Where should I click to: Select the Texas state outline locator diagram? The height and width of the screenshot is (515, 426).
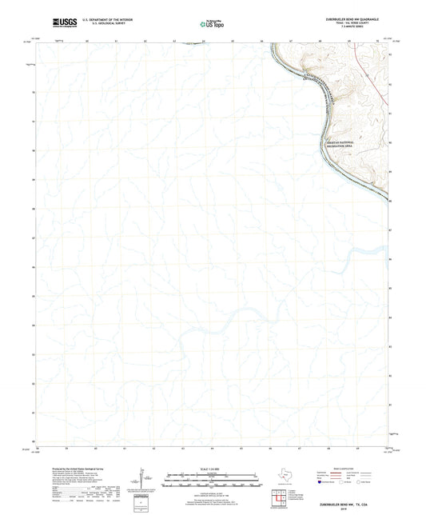point(282,477)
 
